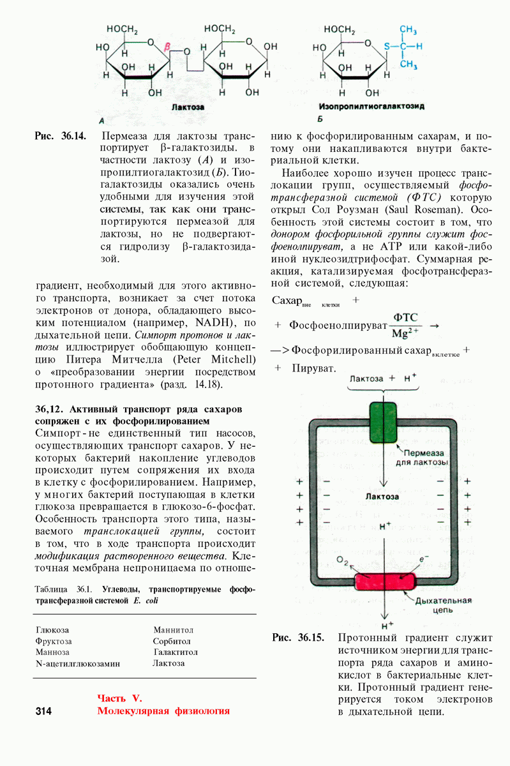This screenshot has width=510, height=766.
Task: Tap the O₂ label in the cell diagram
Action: pyautogui.click(x=343, y=562)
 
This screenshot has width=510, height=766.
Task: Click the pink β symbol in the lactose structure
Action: pyautogui.click(x=167, y=47)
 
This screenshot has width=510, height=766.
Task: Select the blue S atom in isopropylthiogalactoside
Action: pyautogui.click(x=386, y=47)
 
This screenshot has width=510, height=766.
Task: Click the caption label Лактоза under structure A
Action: pyautogui.click(x=188, y=107)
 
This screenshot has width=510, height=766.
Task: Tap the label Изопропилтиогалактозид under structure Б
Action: pyautogui.click(x=371, y=106)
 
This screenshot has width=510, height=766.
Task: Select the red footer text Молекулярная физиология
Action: pyautogui.click(x=163, y=711)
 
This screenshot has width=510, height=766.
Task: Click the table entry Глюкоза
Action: pyautogui.click(x=52, y=630)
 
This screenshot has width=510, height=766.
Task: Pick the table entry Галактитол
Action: pyautogui.click(x=176, y=652)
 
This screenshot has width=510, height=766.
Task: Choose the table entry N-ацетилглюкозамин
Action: pyautogui.click(x=78, y=663)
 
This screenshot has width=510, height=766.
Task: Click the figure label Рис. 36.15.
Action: pyautogui.click(x=298, y=638)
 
